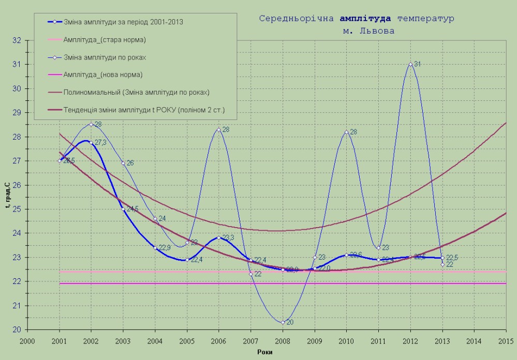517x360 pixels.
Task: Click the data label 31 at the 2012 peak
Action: (418, 64)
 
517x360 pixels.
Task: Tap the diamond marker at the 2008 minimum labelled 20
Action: (283, 322)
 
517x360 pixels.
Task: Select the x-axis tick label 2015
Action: (506, 341)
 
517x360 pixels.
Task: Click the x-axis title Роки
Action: (265, 352)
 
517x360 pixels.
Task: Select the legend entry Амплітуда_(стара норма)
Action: (105, 40)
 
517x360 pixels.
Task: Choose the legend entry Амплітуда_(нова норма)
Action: (103, 75)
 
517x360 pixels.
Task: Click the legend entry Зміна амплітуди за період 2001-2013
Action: (123, 22)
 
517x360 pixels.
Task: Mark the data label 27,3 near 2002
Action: (100, 142)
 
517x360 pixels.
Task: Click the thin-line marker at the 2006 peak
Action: (219, 129)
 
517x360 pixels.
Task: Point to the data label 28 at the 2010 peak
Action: (353, 132)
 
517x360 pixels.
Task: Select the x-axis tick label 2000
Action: (28, 341)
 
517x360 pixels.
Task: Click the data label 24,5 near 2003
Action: (132, 209)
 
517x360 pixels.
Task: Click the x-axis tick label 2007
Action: (251, 341)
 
